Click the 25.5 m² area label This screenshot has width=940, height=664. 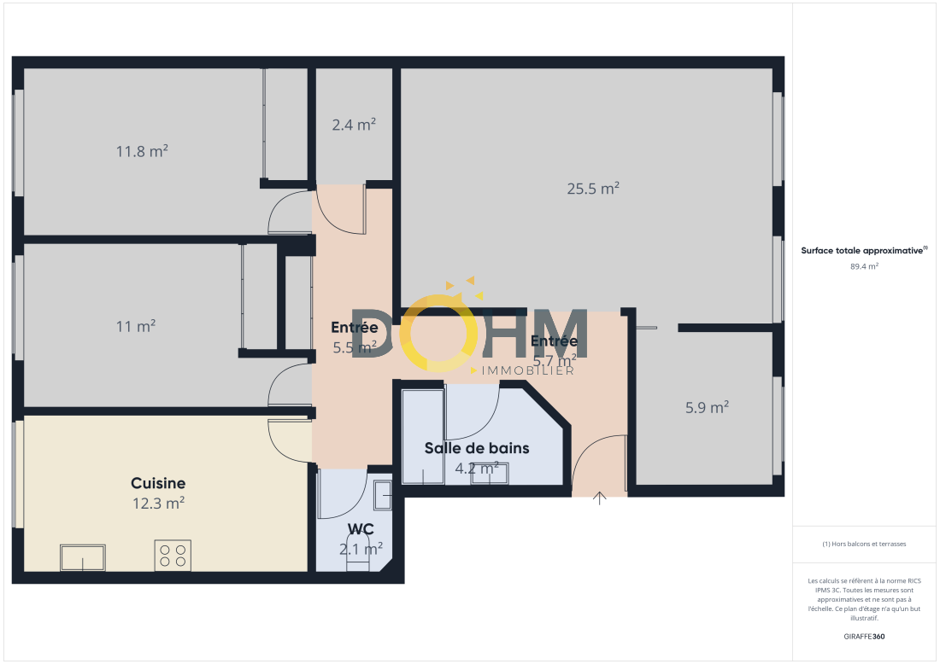point(593,189)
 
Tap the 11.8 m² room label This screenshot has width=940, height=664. point(142,151)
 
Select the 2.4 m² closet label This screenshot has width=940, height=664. point(354,125)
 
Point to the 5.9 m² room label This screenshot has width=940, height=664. point(707,408)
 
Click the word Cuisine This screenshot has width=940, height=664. point(158,483)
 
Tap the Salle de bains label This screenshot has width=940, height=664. point(477,448)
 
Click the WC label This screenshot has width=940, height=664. point(361,529)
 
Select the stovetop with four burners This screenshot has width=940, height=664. point(173,555)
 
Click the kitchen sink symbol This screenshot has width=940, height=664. point(83,557)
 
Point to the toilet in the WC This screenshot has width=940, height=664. point(358,553)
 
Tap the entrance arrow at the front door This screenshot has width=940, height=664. point(600,498)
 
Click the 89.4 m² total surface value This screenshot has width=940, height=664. point(864,266)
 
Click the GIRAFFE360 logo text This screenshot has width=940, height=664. point(864,637)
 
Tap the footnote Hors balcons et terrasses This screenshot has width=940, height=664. point(864,544)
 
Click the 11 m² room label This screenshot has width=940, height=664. point(136,326)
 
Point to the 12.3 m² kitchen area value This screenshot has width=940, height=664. point(158,503)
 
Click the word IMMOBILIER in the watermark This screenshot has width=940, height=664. point(527,370)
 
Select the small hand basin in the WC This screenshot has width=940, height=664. point(383,495)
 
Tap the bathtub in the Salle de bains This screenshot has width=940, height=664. point(423,436)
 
